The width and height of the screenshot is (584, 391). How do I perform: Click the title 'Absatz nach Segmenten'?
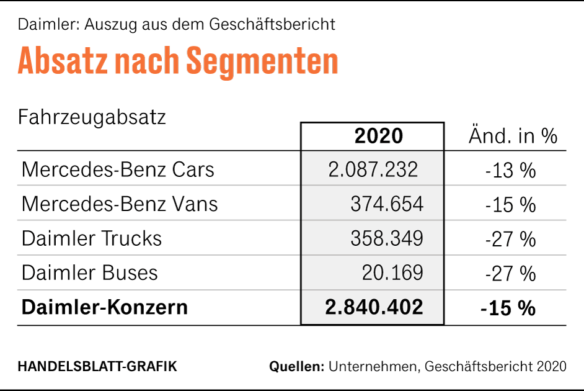click(x=178, y=61)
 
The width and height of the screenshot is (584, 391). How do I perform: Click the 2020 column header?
click(x=378, y=136)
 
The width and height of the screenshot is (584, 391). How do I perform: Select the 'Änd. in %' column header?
click(x=513, y=136)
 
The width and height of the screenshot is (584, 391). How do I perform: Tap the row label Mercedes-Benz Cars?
click(x=118, y=169)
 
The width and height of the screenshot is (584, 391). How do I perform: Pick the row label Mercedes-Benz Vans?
click(x=120, y=204)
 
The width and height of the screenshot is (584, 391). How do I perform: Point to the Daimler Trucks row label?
click(x=92, y=238)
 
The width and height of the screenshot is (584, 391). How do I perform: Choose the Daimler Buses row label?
click(x=90, y=272)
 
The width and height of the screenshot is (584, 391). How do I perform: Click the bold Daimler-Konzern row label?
click(x=105, y=307)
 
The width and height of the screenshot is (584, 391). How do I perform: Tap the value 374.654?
click(x=387, y=204)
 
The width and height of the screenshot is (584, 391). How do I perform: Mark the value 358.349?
click(x=387, y=238)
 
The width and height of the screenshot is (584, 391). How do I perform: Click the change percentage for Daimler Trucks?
click(x=510, y=238)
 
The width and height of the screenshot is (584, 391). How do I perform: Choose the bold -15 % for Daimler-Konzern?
click(x=508, y=307)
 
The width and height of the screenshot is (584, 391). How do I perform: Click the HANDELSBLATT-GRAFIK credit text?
click(x=97, y=366)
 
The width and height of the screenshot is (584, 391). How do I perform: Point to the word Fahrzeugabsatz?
click(x=92, y=117)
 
